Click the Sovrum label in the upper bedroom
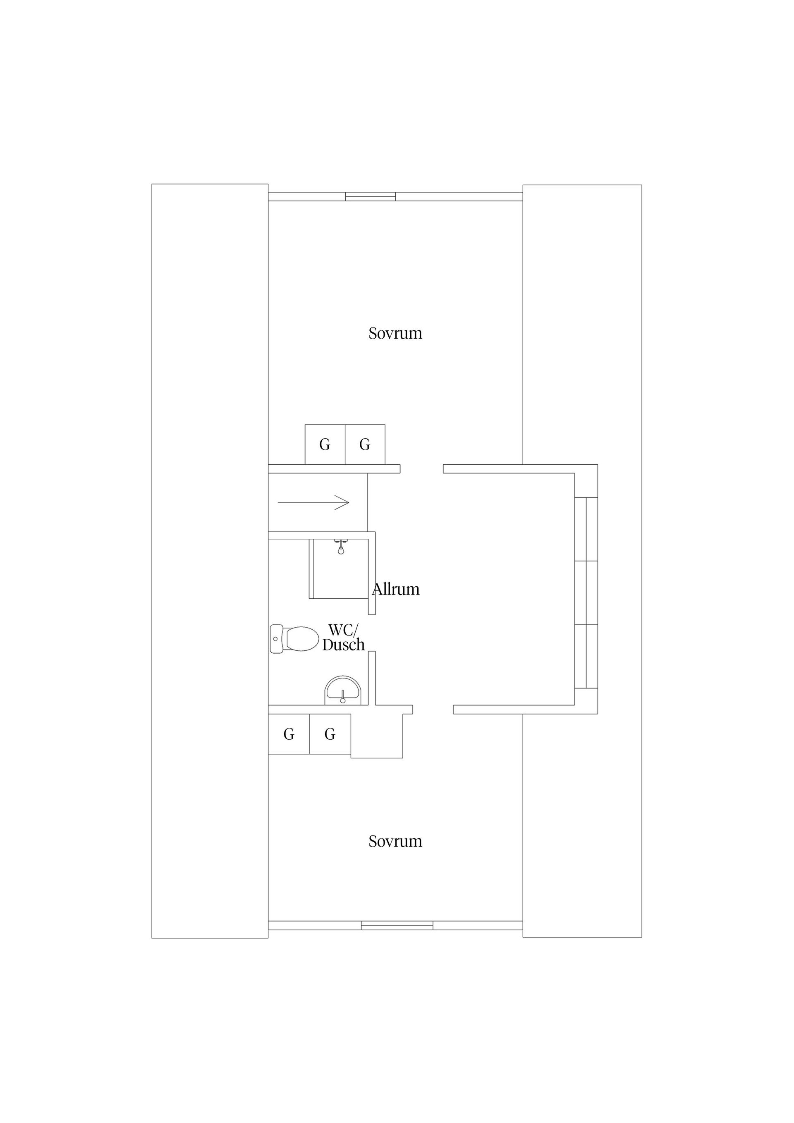[x=395, y=333]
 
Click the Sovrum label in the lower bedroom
[x=395, y=841]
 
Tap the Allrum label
[x=396, y=589]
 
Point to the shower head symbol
[x=341, y=548]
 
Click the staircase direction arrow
[x=313, y=502]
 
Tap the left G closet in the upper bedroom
[x=325, y=444]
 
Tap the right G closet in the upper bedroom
[x=365, y=444]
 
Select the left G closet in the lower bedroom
[x=289, y=734]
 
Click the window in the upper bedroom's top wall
[x=371, y=197]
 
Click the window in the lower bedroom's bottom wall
[x=397, y=925]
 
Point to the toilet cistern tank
[x=276, y=639]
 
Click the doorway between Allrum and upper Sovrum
[x=422, y=468]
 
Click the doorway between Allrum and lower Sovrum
[x=433, y=710]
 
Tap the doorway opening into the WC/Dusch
[x=372, y=633]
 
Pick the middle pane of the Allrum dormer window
[x=586, y=593]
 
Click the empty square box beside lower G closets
[x=377, y=736]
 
